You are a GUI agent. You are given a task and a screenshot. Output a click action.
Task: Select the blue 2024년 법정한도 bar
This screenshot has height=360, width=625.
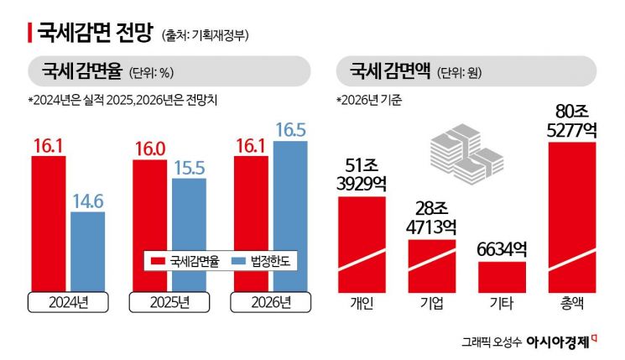click(88, 250)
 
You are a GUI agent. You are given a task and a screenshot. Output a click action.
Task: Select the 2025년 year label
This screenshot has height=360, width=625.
click(169, 301)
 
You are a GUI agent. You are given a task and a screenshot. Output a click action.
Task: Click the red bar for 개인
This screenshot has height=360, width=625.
click(362, 243)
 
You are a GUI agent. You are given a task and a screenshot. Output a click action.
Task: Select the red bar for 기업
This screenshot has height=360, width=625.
click(432, 264)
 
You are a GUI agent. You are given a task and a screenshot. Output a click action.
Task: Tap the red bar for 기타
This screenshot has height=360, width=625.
click(502, 275)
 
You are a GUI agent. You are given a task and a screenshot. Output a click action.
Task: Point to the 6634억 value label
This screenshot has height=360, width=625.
click(502, 248)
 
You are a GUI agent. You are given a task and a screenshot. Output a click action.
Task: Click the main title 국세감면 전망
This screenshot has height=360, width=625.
click(94, 33)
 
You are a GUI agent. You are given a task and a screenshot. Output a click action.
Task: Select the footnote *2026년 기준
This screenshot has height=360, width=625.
click(369, 101)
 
